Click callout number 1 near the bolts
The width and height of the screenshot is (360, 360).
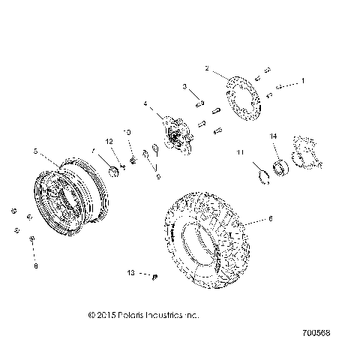[x=303, y=79]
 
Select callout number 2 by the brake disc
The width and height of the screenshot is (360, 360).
[x=206, y=68]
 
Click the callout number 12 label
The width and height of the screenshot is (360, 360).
[x=109, y=142]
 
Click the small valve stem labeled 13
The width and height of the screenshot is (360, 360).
[x=153, y=276]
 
